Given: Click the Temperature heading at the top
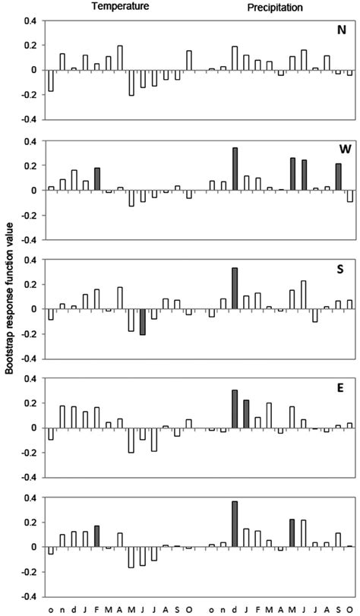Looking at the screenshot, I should [115, 6].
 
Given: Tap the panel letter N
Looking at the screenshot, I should [342, 31].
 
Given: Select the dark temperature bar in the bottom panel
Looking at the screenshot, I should [97, 536].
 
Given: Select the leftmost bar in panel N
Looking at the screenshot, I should [51, 81].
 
